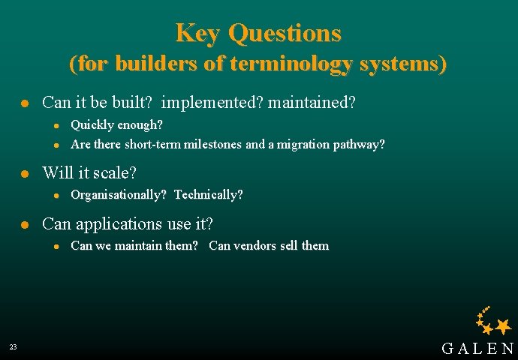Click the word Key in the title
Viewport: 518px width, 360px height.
(x=198, y=33)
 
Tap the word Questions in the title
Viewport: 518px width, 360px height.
(x=285, y=33)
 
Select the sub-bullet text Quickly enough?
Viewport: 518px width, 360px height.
(x=116, y=124)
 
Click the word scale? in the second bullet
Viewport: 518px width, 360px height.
(x=115, y=173)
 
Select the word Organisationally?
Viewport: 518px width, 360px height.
(x=118, y=195)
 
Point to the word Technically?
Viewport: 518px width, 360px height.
(x=208, y=195)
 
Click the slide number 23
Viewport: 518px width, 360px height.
(x=14, y=347)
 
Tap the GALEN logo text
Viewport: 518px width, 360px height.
(x=477, y=348)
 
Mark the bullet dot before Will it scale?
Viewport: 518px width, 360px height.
(x=24, y=173)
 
